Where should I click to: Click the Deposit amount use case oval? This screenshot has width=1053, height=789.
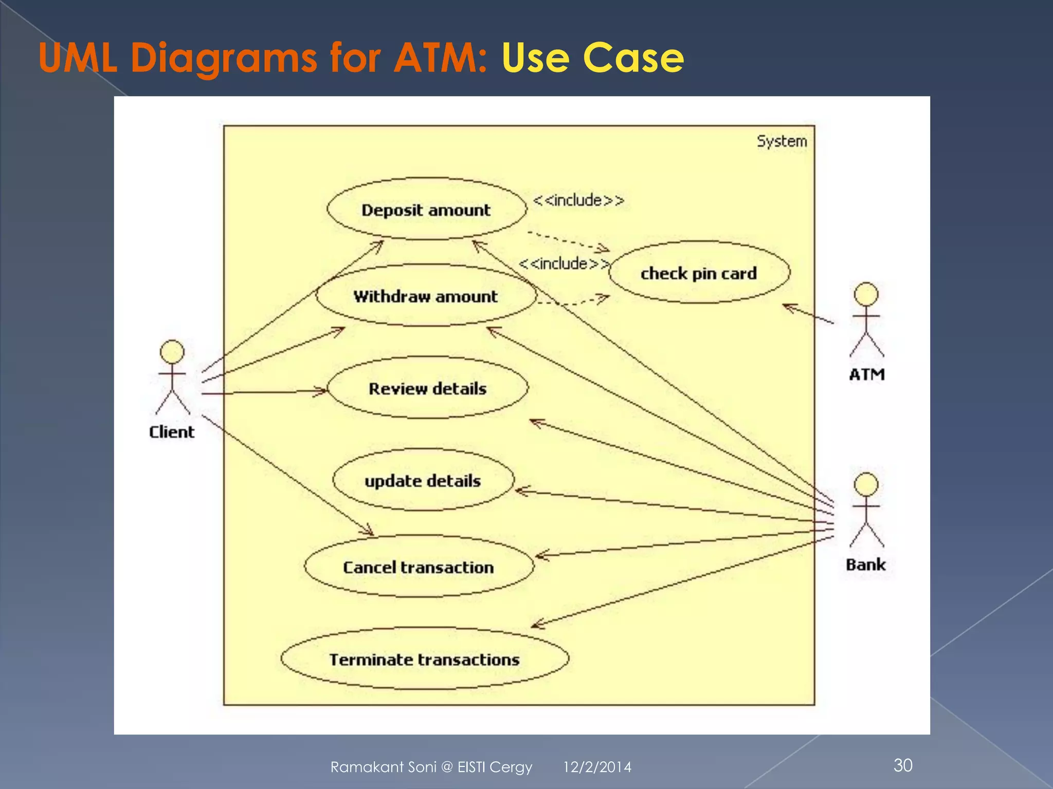point(427,209)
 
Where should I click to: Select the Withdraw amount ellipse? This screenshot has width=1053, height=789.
point(426,296)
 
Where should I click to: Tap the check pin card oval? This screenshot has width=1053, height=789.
point(699,273)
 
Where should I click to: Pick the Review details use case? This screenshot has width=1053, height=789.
point(427,388)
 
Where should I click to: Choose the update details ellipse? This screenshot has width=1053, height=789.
point(423,480)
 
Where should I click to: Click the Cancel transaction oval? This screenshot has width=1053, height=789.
point(419,567)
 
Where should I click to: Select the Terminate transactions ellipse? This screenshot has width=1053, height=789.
point(425,659)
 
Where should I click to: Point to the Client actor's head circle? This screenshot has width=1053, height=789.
point(172,352)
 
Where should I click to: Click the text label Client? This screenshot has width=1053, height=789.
point(172,432)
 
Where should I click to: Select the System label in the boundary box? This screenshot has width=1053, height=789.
point(782,141)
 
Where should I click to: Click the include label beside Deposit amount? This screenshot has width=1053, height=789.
point(578,200)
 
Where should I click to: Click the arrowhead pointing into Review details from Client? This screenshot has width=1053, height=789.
point(321,391)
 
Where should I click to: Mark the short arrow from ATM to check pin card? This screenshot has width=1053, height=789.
point(808,314)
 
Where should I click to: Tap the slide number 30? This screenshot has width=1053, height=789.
point(903,765)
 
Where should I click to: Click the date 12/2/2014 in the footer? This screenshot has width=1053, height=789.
point(597,767)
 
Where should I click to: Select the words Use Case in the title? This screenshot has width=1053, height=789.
point(592,58)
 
